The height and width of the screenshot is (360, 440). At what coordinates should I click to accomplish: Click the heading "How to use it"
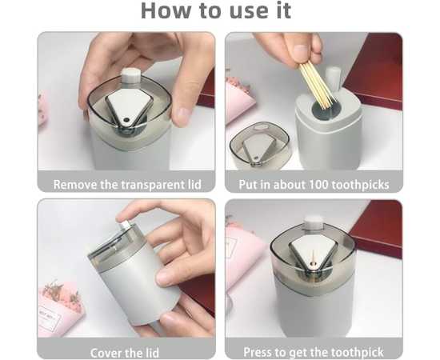click(x=216, y=10)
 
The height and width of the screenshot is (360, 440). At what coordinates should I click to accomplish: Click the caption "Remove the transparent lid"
click(x=127, y=185)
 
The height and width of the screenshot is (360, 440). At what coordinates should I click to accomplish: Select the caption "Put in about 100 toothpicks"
click(x=314, y=185)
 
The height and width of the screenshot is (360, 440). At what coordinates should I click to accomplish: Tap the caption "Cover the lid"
click(x=125, y=353)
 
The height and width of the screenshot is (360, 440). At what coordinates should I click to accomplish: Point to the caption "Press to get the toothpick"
click(x=314, y=352)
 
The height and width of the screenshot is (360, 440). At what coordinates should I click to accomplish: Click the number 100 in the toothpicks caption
click(x=318, y=184)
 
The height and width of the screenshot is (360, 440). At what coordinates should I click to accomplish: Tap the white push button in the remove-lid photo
click(x=130, y=75)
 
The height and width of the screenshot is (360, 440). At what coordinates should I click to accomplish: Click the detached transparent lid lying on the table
click(x=259, y=146)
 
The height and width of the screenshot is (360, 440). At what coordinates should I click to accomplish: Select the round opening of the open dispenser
click(x=326, y=110)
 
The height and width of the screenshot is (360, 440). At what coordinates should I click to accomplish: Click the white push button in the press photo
click(x=314, y=222)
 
